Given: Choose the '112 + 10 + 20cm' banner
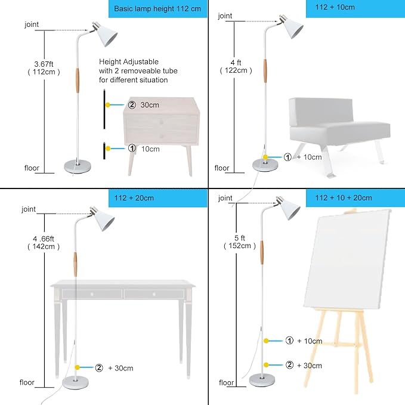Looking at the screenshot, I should [x=354, y=198].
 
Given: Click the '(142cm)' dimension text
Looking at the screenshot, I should [x=46, y=246].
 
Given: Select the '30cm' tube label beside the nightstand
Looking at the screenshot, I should [x=150, y=105].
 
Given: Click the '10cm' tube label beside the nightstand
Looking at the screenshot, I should [x=150, y=149].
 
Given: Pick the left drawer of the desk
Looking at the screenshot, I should [x=92, y=293].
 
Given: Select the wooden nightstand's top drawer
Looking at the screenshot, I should [x=161, y=108].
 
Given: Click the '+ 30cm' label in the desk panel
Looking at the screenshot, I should [x=119, y=367].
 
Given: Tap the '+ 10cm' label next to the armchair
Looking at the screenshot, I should [x=308, y=157].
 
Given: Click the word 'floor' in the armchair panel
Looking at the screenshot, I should [x=222, y=168].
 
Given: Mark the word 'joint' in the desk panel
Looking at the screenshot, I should [x=28, y=209].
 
